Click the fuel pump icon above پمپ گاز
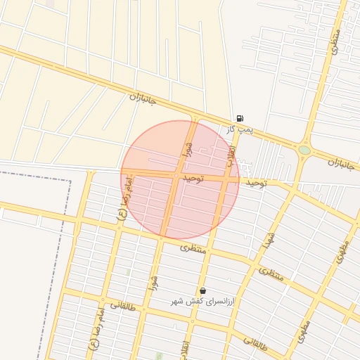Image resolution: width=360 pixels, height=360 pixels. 240,119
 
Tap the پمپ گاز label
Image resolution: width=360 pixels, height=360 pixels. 239,130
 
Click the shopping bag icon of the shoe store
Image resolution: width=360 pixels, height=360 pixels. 202,290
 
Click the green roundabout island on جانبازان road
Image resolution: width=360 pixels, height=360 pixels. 304,150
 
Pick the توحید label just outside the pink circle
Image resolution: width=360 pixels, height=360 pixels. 256,183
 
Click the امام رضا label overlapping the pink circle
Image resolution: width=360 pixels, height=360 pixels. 125,200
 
